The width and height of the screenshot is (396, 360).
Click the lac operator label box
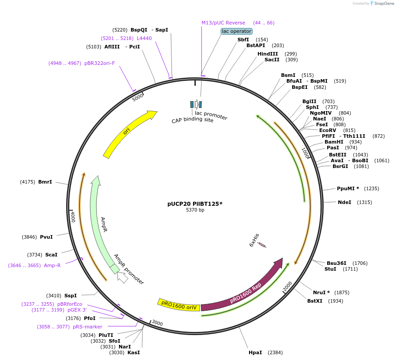point(237,31)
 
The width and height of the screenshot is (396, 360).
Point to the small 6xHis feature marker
point(262,244)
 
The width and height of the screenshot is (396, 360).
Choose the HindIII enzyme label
point(268,54)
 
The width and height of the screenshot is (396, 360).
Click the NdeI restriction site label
point(345,202)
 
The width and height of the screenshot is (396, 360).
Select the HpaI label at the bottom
point(255,352)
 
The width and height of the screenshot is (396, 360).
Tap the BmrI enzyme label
point(45,182)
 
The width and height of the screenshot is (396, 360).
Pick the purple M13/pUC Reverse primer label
point(223,23)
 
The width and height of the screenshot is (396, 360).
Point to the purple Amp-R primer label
point(52,265)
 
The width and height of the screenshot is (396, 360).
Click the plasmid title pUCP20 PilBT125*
point(195,204)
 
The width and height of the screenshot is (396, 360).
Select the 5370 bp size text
point(195,210)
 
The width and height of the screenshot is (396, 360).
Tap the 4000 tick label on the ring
point(73,216)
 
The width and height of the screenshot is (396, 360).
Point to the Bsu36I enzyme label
point(337,263)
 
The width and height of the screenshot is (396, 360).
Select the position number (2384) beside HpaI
point(275,352)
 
